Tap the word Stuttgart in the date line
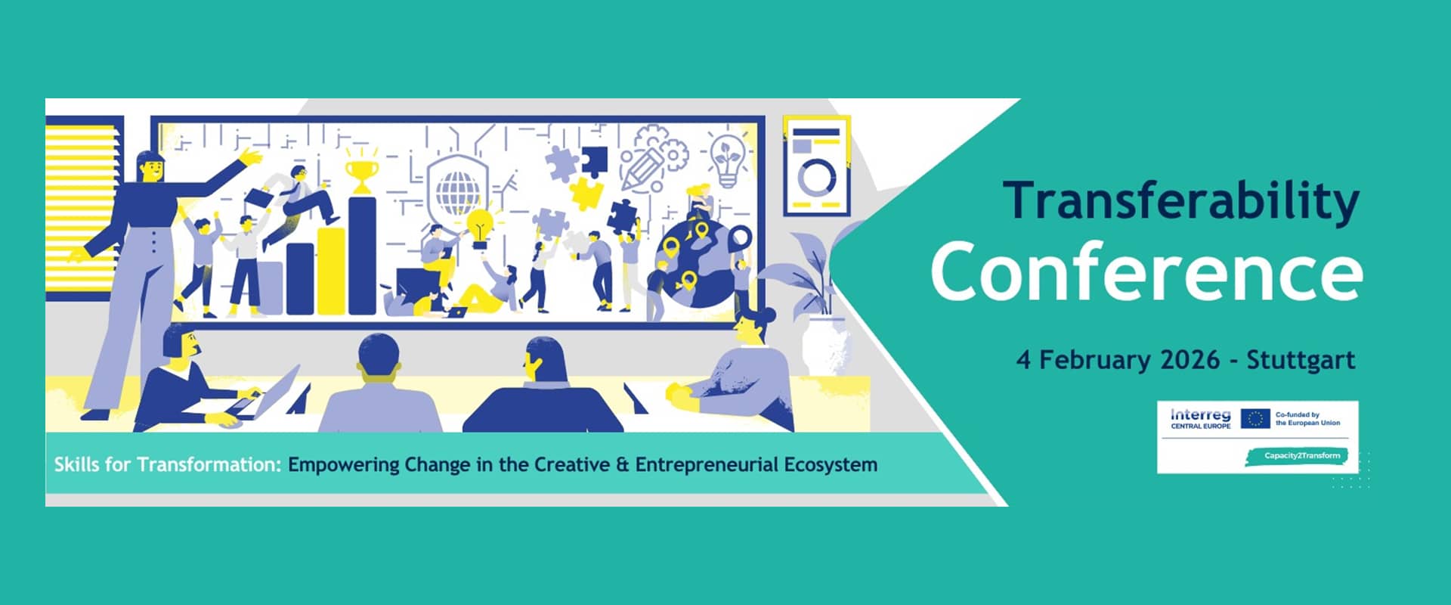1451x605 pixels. tap(1301, 359)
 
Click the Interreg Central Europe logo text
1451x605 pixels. tap(1200, 418)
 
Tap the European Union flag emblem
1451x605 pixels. tap(1255, 418)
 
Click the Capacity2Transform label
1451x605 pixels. tap(1296, 456)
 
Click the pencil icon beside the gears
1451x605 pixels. tap(639, 169)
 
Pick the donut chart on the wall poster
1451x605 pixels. tap(817, 178)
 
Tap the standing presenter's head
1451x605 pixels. tap(150, 166)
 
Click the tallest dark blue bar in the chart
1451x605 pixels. tap(362, 256)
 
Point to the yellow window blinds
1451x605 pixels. tap(84, 204)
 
